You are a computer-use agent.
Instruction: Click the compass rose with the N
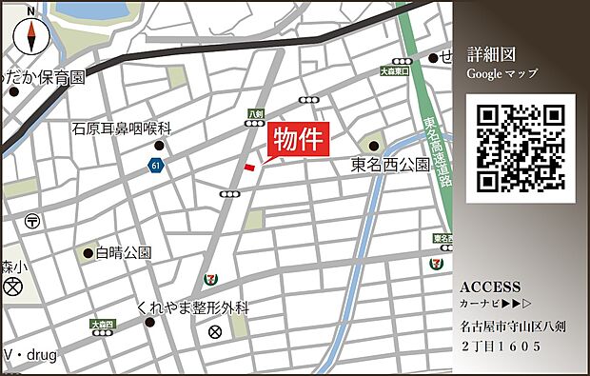[x=32, y=36]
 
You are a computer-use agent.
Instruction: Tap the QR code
[x=521, y=148]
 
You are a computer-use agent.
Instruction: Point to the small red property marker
[x=250, y=168]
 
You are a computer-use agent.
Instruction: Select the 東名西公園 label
[x=390, y=166]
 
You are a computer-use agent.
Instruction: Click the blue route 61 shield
[x=154, y=166]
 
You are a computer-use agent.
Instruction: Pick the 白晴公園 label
[x=124, y=253]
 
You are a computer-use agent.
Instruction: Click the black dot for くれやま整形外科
[x=149, y=322]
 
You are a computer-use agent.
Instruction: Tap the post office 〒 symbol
[x=32, y=220]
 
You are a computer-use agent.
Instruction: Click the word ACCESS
[x=490, y=287]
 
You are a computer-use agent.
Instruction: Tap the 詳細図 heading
[x=491, y=53]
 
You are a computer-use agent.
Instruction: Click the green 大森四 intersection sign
[x=102, y=325]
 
